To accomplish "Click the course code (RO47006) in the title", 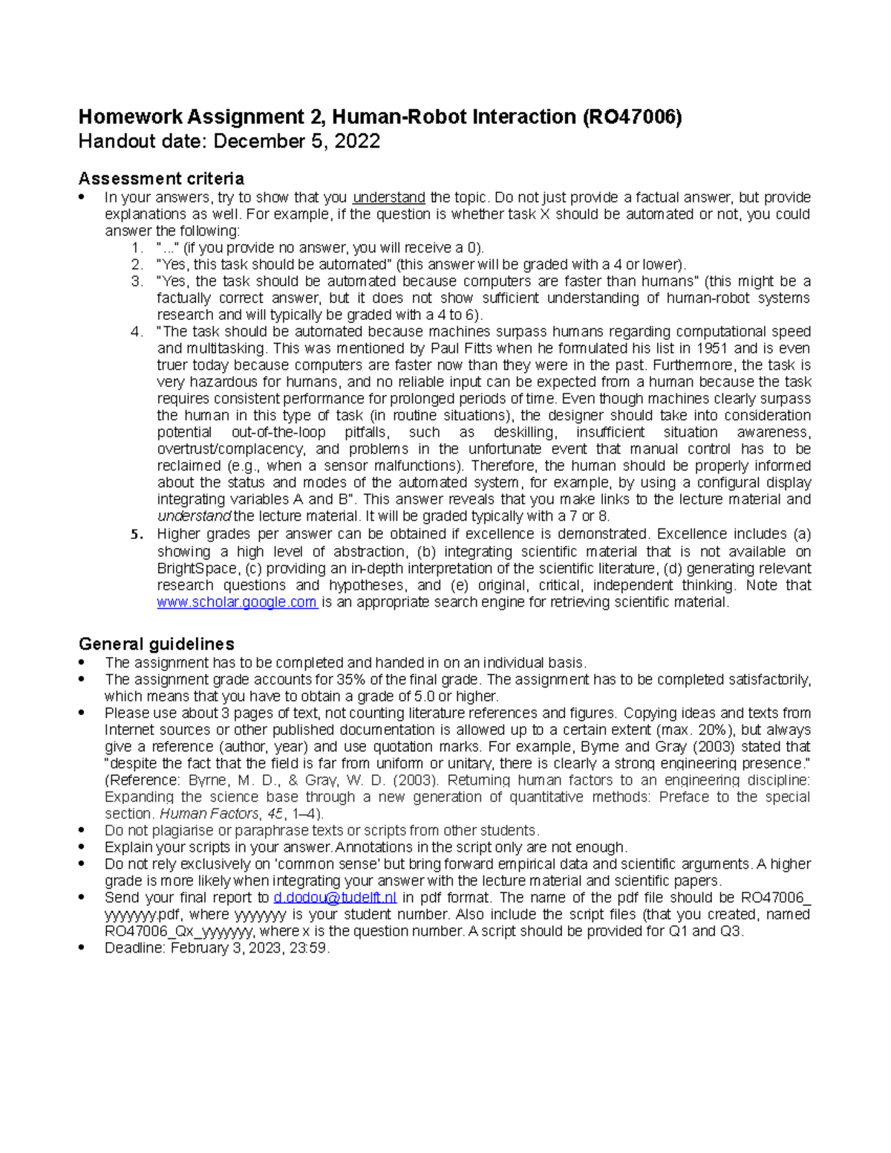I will (x=632, y=117).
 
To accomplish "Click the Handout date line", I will (x=229, y=142).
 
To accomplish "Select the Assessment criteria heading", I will (x=161, y=179).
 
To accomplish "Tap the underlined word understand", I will (x=388, y=197).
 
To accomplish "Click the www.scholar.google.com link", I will (x=237, y=602).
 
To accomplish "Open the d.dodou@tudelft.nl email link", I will (x=335, y=898).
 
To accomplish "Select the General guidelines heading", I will (x=157, y=644).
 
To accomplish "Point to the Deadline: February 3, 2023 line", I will (x=217, y=948).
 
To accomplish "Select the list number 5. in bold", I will (x=136, y=535).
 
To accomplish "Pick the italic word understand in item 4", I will (x=194, y=516).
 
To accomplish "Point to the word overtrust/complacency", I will (x=230, y=449).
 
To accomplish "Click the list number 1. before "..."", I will (x=136, y=248).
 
